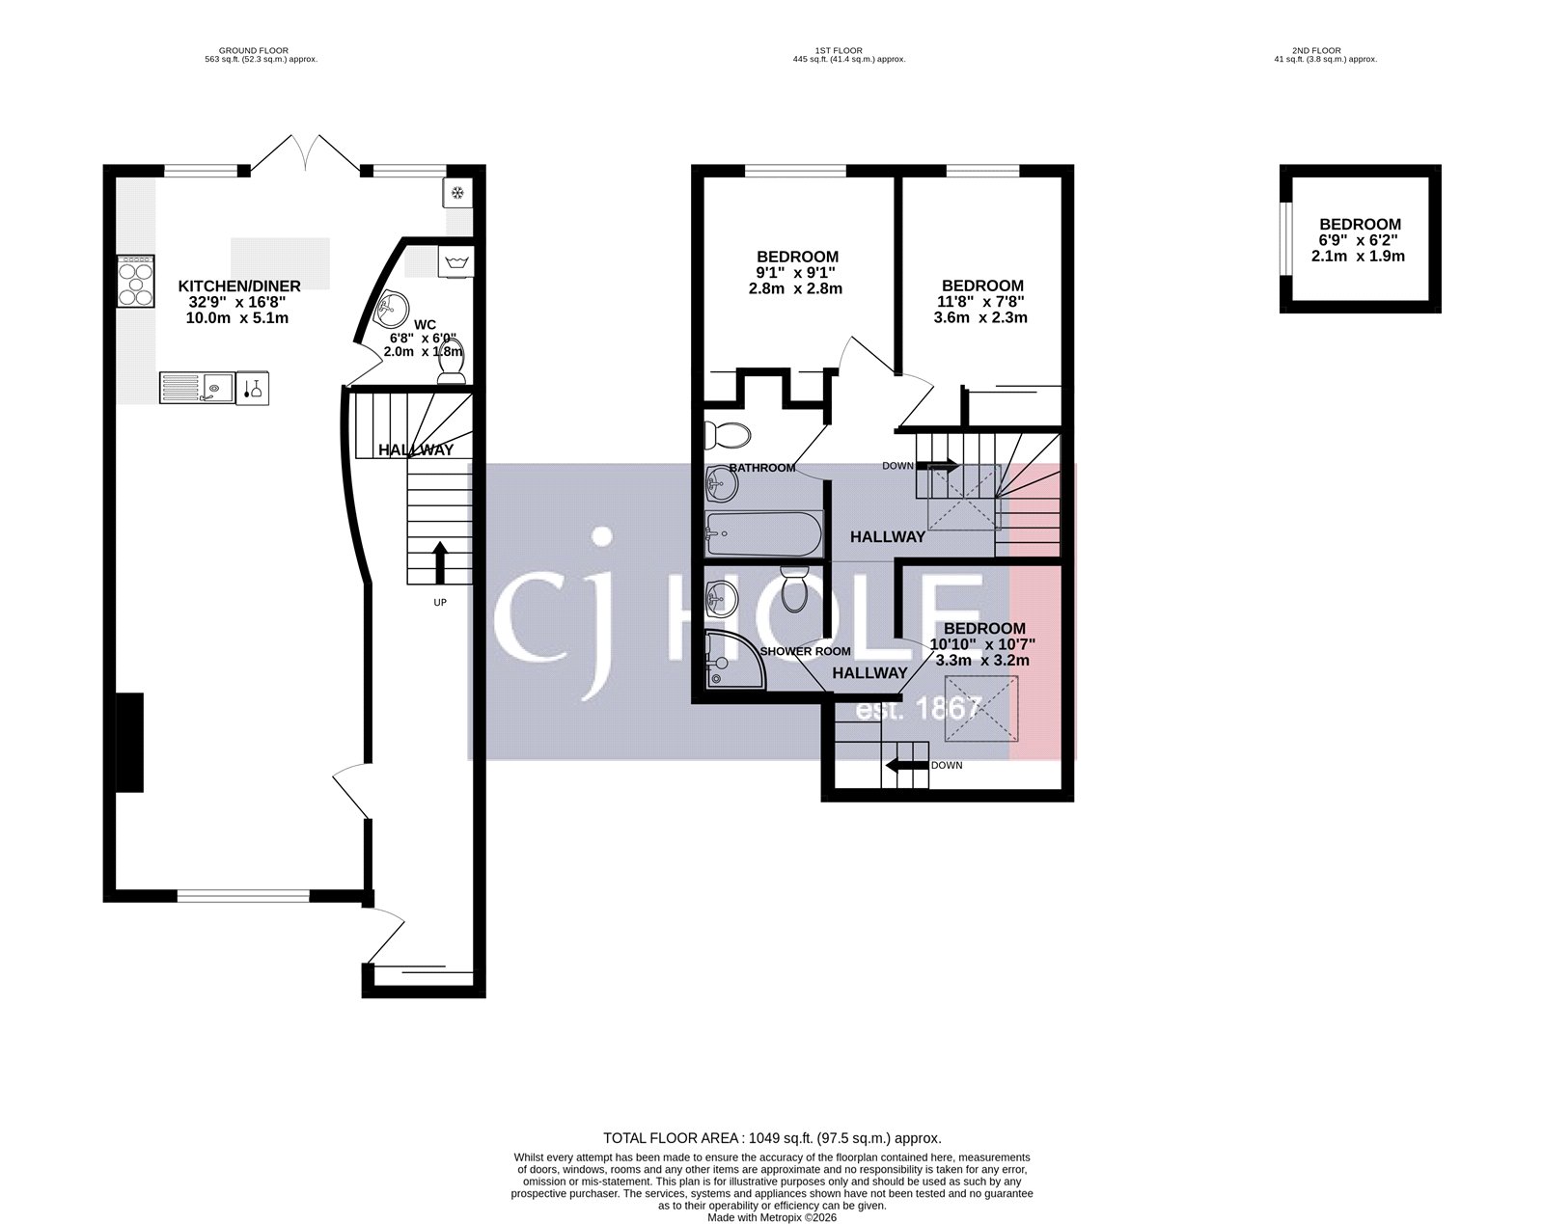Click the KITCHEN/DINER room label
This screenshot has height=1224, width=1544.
click(239, 286)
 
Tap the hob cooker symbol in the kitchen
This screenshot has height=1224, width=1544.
click(135, 281)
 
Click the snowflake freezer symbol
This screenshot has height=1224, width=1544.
click(457, 193)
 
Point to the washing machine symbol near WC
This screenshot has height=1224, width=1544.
click(455, 262)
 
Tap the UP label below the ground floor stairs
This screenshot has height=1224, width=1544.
click(440, 602)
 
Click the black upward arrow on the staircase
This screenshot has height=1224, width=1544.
click(440, 562)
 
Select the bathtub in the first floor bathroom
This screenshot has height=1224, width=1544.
click(762, 532)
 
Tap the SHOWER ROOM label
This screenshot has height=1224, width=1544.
click(806, 651)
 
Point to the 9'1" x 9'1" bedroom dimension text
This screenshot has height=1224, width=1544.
click(797, 272)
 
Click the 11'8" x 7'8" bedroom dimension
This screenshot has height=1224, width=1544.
click(982, 301)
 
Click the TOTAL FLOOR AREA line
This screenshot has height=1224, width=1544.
click(772, 1138)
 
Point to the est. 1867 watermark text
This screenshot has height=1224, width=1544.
click(920, 710)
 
